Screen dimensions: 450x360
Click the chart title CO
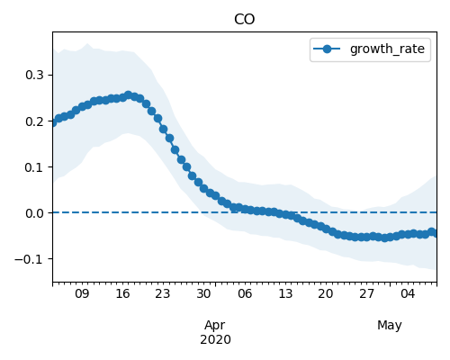coord(244,20)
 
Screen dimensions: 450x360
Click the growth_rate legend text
coord(387,49)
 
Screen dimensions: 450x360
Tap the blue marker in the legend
coord(327,49)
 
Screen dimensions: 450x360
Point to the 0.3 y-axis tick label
coord(34,75)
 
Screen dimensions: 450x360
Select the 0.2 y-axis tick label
coord(34,121)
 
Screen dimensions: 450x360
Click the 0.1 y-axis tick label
coord(34,167)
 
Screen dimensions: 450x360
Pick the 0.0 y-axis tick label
coord(34,213)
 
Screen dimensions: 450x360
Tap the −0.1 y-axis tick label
coord(29,259)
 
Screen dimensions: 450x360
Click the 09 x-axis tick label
coord(82,293)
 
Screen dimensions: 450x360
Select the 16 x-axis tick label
coord(122,293)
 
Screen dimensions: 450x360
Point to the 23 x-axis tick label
coord(163,293)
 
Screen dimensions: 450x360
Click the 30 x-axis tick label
coord(203,293)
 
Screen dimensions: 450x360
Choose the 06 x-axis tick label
coord(245,293)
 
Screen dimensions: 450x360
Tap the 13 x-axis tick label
coord(285,293)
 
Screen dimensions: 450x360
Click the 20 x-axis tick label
coord(326,293)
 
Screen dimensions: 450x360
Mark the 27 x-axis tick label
coord(366,293)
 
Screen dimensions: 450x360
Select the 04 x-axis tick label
coord(408,293)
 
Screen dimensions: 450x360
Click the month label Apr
coord(215,326)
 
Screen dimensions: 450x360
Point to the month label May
coord(390,326)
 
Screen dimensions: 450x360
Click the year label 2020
coord(215,340)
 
